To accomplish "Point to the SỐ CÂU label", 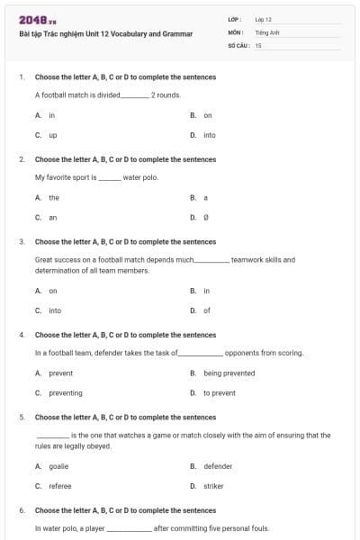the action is coord(238,43).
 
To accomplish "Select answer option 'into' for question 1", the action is coord(209,135).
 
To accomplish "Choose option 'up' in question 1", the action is coord(53,135).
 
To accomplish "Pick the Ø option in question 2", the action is coord(206,217).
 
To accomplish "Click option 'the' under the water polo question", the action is coord(54,197).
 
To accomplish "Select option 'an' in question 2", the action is coord(53,217).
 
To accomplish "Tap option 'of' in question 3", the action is coord(206,310).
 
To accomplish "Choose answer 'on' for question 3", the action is coord(53,291).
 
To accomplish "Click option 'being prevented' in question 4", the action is coord(229,373).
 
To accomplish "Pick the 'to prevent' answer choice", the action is coord(219,392).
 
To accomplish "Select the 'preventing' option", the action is coord(65,392).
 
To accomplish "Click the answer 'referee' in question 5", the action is coord(60,486).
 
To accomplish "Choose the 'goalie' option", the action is coord(58,466).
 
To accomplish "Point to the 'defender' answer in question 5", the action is coord(218,466).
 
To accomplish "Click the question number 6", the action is coord(21,510).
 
